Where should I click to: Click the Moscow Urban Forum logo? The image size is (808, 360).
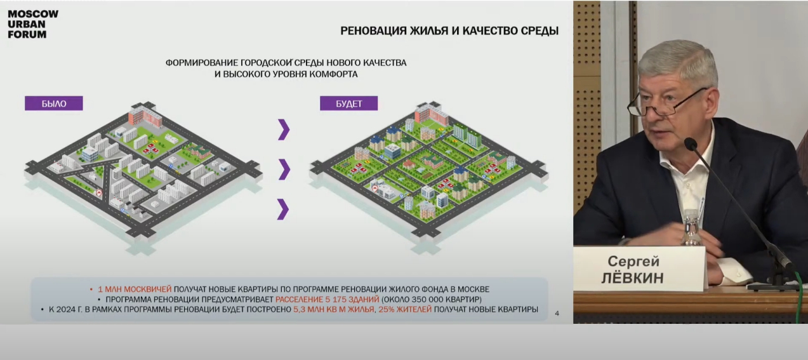33,24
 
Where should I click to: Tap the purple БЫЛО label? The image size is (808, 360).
54,103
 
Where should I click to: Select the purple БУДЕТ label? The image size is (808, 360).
349,103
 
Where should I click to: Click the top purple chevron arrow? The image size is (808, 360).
284,130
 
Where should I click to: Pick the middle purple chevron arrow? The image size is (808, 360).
284,169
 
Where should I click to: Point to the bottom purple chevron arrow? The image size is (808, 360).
283,210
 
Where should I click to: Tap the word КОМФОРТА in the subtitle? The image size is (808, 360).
335,74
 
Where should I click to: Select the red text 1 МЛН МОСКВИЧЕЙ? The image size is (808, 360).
135,290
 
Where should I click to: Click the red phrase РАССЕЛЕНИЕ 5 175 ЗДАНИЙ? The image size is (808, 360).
327,300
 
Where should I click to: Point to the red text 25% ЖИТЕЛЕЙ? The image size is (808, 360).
405,309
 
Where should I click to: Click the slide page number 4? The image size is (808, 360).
557,314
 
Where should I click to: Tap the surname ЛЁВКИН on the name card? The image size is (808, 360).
633,278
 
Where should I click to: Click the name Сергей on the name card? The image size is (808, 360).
633,261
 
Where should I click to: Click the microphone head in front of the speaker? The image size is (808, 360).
691,144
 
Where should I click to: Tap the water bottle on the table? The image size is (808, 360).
691,228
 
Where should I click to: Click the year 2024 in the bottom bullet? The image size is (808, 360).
66,309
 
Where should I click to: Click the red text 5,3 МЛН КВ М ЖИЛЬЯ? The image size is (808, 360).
334,309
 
